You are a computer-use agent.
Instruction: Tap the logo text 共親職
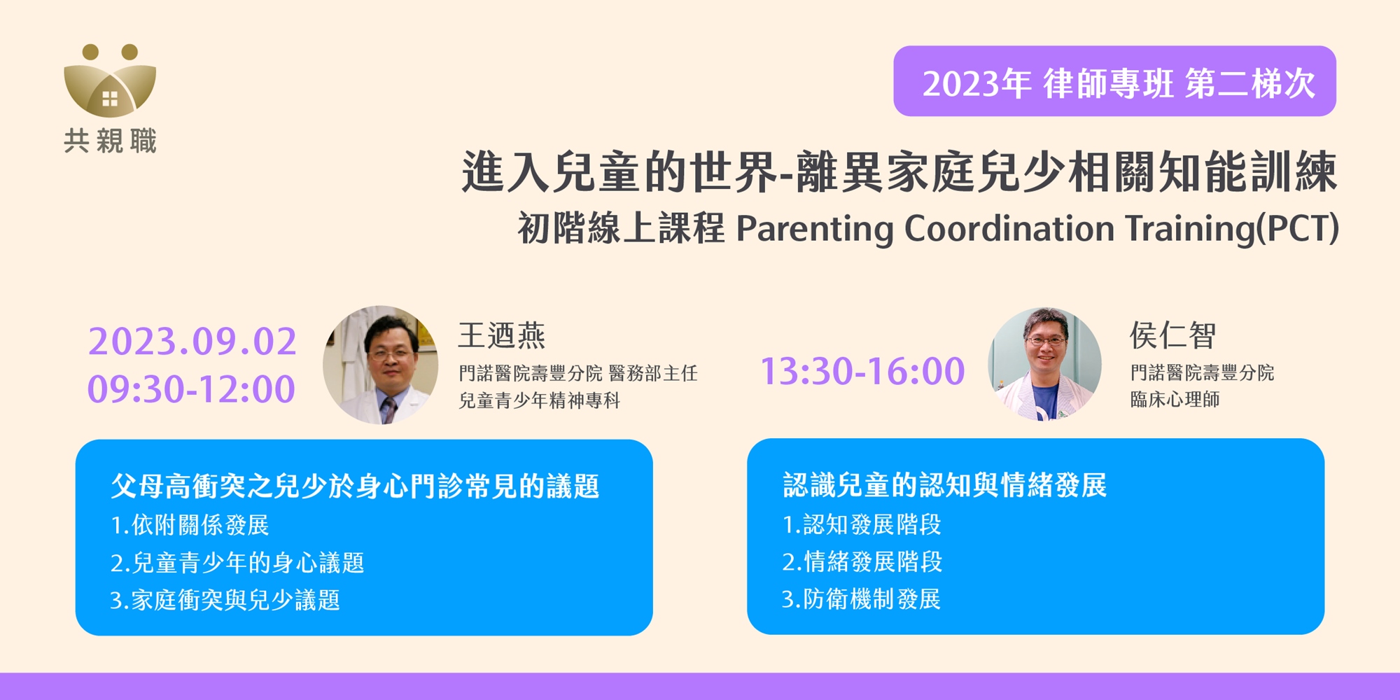click(110, 141)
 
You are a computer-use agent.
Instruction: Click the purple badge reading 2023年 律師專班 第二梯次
click(1114, 81)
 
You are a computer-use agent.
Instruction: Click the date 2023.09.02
click(192, 342)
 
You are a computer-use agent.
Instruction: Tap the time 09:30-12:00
click(191, 389)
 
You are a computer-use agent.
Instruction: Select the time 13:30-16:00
click(862, 371)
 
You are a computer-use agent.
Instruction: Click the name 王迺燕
click(502, 336)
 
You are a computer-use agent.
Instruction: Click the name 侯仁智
click(1172, 335)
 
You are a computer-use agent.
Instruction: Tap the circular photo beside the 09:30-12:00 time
click(380, 365)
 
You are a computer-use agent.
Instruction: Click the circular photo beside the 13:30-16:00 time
click(1044, 364)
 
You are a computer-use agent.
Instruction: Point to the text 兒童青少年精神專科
click(540, 400)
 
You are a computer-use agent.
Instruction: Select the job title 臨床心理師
click(1175, 399)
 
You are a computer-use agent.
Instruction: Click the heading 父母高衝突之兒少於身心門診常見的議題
click(355, 486)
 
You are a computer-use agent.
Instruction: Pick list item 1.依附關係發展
click(190, 525)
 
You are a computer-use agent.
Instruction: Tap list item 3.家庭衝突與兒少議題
click(225, 600)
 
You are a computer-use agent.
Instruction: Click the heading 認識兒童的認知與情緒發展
click(944, 485)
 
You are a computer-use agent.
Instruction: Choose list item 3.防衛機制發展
click(861, 599)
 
